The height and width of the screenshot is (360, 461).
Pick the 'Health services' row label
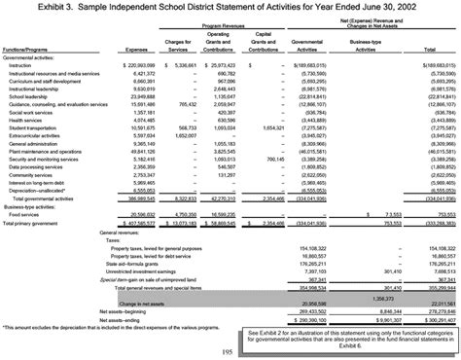pos(30,121)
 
